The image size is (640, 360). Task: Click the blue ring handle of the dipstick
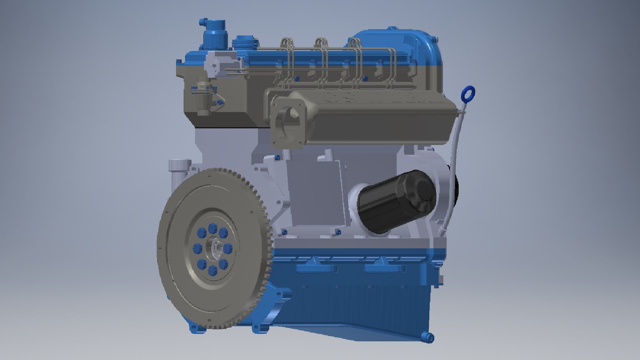pos(468,93)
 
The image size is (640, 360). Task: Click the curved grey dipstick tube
pos(453,167)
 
